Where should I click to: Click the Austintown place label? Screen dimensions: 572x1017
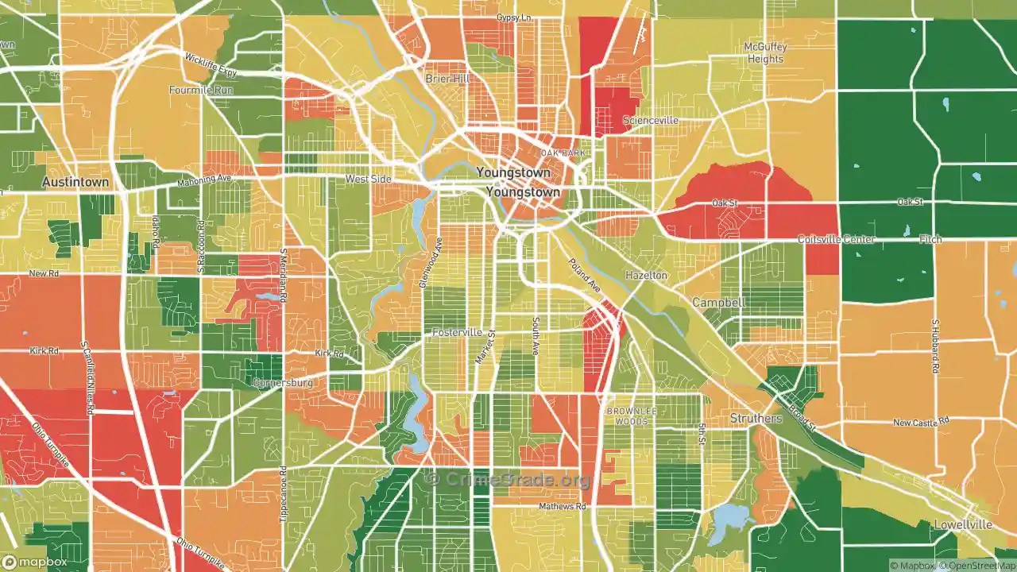click(75, 182)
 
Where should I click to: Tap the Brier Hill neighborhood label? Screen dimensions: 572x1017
click(447, 79)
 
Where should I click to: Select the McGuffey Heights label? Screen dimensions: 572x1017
click(764, 52)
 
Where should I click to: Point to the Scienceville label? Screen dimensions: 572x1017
click(650, 121)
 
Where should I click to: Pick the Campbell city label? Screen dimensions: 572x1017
click(718, 303)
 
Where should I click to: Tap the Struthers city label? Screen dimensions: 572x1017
click(756, 418)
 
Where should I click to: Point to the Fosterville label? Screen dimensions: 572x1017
click(457, 332)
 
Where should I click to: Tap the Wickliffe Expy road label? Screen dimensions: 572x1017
click(211, 64)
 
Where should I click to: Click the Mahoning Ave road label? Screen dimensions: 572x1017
click(204, 180)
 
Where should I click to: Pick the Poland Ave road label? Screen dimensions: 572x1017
click(585, 274)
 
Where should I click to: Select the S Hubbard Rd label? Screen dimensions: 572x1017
click(935, 346)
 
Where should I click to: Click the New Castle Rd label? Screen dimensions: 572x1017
click(921, 423)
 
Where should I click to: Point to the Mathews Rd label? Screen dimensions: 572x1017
click(562, 506)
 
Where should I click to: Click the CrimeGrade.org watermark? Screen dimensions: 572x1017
click(508, 479)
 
